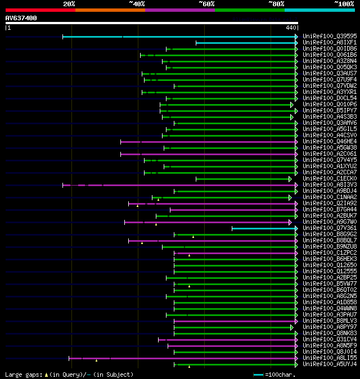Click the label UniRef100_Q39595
[x=329, y=37]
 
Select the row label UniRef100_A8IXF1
[x=329, y=43]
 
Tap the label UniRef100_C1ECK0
[x=329, y=179]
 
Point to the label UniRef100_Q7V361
[x=329, y=228]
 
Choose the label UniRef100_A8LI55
[x=329, y=358]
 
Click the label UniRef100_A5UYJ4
[x=329, y=364]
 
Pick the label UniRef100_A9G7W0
[x=329, y=222]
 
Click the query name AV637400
[x=21, y=18]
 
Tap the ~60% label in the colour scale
[x=206, y=4]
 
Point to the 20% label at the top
[x=69, y=4]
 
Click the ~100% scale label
[x=344, y=4]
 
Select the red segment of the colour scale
[x=40, y=10]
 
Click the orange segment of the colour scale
[x=110, y=10]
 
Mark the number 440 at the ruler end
[x=291, y=28]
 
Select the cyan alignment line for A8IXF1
[x=245, y=43]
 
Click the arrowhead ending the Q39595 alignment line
[x=296, y=37]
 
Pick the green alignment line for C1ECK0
[x=242, y=179]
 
